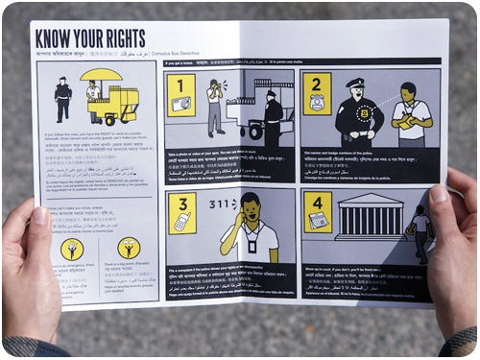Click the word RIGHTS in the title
pyautogui.click(x=123, y=39)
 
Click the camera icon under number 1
pyautogui.click(x=180, y=104)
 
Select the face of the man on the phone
pyautogui.click(x=250, y=206)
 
